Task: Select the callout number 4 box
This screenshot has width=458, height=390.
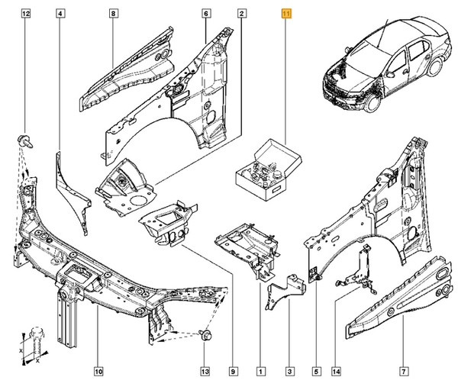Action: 60,14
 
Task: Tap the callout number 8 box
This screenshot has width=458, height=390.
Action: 112,14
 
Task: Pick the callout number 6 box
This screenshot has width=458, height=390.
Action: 205,14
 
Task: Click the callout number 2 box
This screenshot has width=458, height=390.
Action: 241,14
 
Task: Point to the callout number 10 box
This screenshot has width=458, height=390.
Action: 98,372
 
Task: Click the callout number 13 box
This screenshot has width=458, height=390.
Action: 204,372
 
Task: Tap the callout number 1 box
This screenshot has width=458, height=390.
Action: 260,372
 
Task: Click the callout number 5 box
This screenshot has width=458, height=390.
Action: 315,372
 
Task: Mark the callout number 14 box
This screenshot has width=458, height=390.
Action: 337,372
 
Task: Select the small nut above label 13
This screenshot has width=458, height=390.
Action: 204,335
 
